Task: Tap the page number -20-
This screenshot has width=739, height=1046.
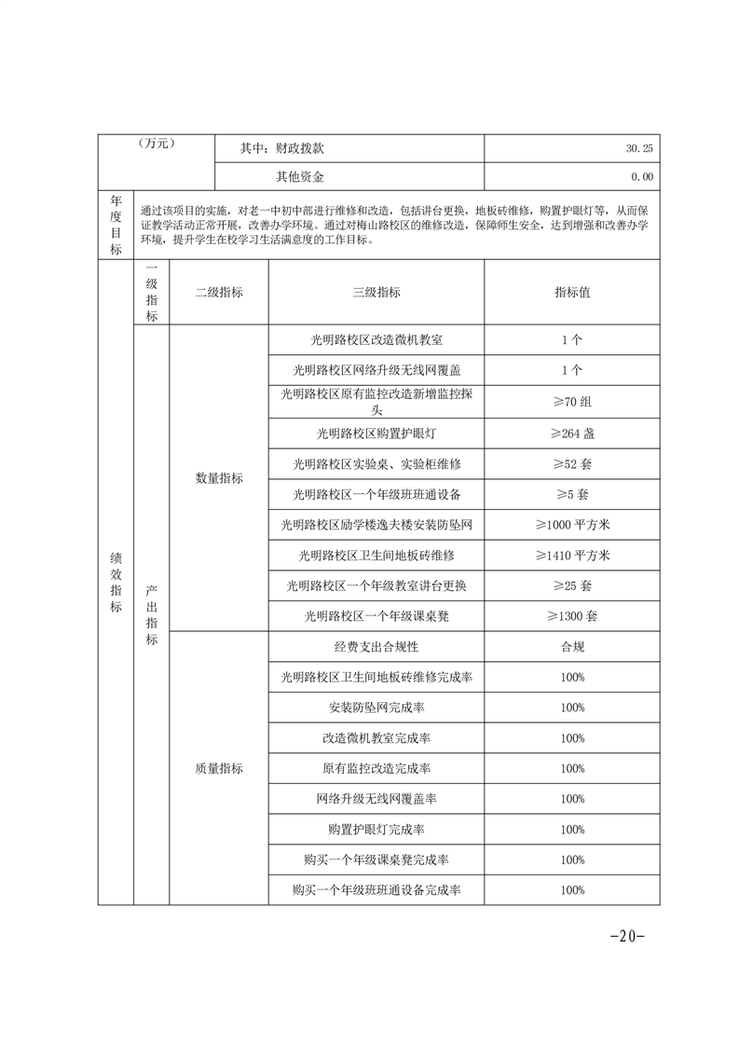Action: pos(626,937)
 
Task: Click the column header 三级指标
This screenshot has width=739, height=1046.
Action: pos(376,292)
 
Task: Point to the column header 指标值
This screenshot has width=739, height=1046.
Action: pos(572,292)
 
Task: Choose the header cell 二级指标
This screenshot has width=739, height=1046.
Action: pos(219,292)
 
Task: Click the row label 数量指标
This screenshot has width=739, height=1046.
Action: pos(219,478)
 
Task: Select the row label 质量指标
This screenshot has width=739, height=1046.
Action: pos(219,769)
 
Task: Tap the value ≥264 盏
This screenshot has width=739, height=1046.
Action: pos(572,433)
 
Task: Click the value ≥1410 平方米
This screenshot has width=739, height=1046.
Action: pos(572,556)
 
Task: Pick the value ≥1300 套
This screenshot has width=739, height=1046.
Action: pos(572,616)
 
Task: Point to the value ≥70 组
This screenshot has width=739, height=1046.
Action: pos(572,402)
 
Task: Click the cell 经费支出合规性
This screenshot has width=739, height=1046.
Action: pos(376,647)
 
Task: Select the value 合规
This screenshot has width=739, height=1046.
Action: pos(572,647)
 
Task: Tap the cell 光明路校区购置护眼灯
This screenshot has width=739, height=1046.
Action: pos(376,433)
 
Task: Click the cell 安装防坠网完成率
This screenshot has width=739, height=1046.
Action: pos(376,708)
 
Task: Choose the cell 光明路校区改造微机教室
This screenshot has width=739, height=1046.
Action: pos(376,340)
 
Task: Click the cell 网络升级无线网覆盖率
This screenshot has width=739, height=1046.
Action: pos(376,799)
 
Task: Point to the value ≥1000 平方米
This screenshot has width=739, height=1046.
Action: pos(572,525)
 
